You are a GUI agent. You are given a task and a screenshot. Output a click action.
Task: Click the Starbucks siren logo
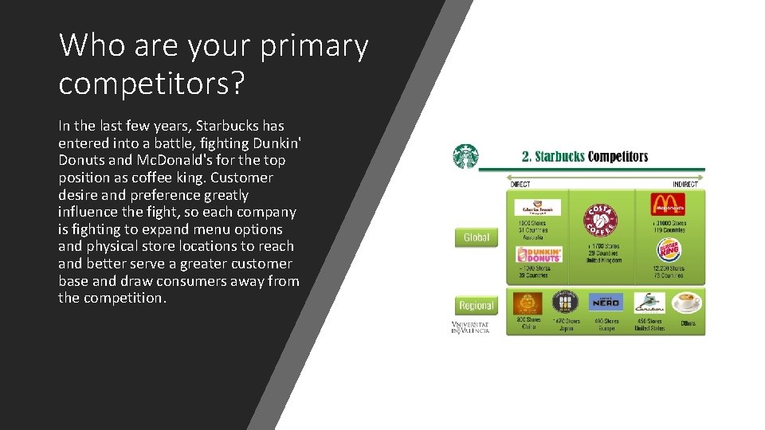point(465,157)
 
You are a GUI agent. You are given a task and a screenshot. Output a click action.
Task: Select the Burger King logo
point(669,251)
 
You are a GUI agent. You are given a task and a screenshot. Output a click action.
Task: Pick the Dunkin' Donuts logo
point(539,255)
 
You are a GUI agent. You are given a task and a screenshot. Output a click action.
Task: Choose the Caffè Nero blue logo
point(606,303)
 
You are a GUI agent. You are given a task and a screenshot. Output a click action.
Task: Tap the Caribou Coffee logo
point(649,303)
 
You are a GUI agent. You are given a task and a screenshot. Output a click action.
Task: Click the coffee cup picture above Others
point(686,303)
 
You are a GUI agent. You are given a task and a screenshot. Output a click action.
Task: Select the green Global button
point(477,237)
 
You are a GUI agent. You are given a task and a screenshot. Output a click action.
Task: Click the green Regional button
point(477,306)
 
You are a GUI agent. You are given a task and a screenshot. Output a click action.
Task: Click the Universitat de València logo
point(470,327)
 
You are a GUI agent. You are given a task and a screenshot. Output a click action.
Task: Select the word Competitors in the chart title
point(618,156)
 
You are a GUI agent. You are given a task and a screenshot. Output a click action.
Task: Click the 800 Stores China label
point(528,323)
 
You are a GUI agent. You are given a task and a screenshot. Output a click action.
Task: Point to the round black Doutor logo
point(564,303)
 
